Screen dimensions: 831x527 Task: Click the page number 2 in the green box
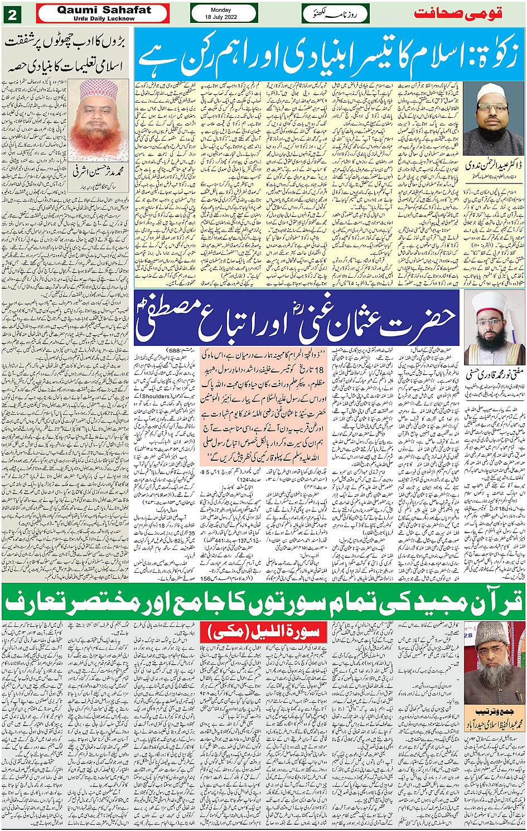[x=12, y=15]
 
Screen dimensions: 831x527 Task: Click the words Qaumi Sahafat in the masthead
[x=104, y=10]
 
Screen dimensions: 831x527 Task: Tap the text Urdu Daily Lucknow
[x=104, y=18]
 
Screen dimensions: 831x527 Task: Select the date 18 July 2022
[x=224, y=17]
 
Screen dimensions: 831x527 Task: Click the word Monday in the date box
[x=224, y=10]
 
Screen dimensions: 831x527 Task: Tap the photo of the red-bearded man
[x=104, y=119]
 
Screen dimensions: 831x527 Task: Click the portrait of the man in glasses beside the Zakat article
[x=494, y=118]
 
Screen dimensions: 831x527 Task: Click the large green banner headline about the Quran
[x=263, y=602]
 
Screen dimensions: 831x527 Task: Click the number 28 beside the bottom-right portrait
[x=468, y=635]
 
